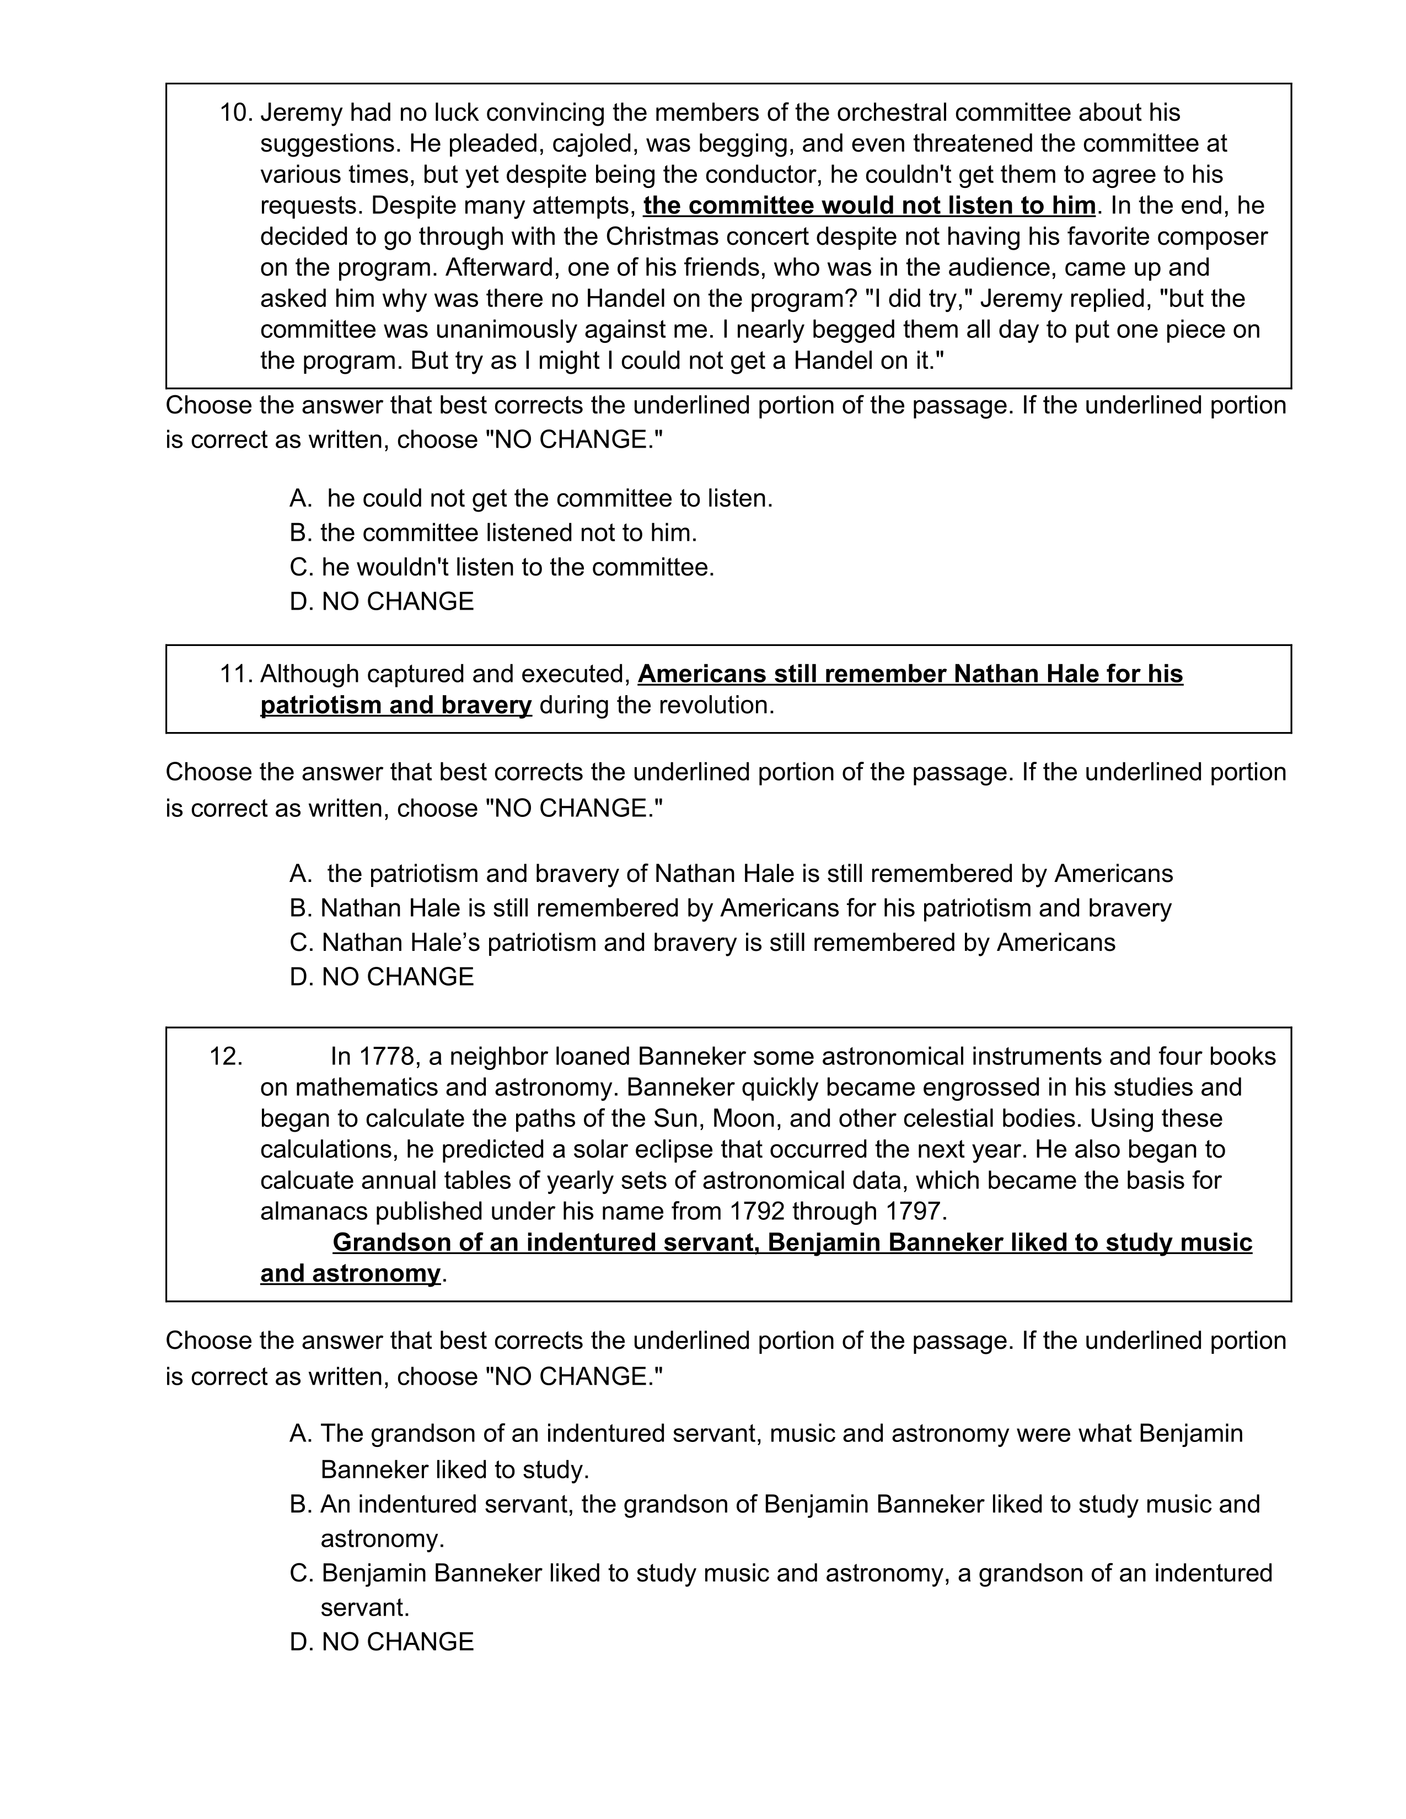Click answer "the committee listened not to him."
(508, 533)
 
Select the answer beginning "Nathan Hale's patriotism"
(718, 942)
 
